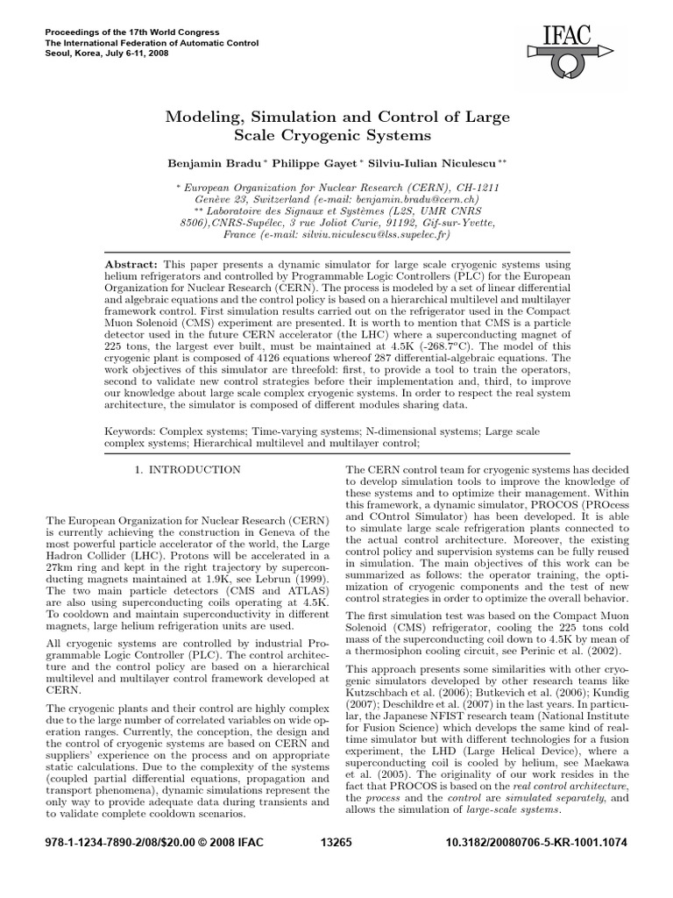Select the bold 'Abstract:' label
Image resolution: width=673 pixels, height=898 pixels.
[131, 264]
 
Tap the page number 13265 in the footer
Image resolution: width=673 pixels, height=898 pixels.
[336, 867]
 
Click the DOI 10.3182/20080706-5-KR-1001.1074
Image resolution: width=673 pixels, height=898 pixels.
[536, 867]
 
